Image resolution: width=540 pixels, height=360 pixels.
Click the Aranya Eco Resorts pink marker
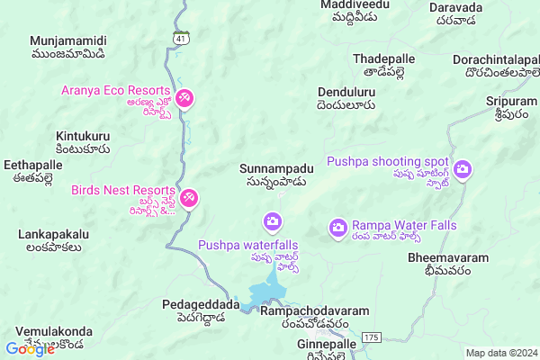coord(184,97)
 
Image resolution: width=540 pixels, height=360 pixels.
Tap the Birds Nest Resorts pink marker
coord(189,198)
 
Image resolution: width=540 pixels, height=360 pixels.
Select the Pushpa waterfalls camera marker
coord(272,221)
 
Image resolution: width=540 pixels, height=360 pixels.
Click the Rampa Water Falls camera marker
coord(338,227)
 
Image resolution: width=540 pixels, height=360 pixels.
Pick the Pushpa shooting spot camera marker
coord(463,169)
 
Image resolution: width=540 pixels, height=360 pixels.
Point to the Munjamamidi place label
coord(68,41)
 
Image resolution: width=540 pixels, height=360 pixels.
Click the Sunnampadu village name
coord(276,168)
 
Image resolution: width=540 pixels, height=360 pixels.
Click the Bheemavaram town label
coord(448,257)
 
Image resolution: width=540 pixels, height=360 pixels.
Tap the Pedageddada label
coord(201,304)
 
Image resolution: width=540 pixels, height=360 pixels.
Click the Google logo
coord(31,349)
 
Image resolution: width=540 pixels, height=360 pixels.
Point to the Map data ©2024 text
coord(501,353)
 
